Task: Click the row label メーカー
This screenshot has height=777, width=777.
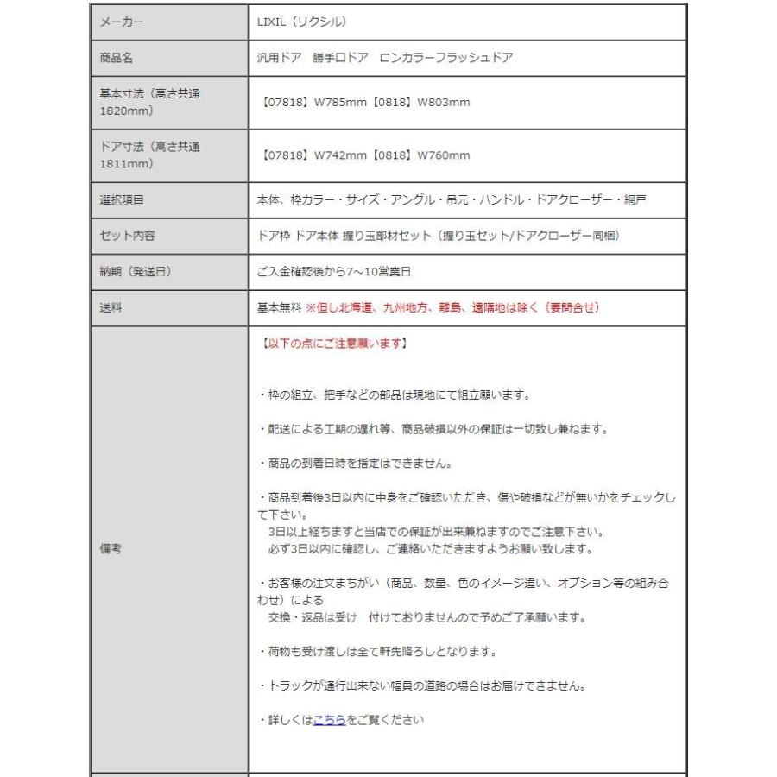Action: pyautogui.click(x=122, y=22)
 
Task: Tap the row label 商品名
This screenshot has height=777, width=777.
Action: pyautogui.click(x=117, y=59)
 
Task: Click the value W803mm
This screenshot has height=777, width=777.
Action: pyautogui.click(x=444, y=103)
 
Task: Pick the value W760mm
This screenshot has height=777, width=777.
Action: pyautogui.click(x=444, y=155)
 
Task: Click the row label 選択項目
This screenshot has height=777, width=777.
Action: pyautogui.click(x=122, y=199)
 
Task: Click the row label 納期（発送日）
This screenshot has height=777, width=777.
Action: pyautogui.click(x=136, y=271)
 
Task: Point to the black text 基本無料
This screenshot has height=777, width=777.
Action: pyautogui.click(x=279, y=307)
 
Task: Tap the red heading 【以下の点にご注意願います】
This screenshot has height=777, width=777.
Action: pyautogui.click(x=332, y=344)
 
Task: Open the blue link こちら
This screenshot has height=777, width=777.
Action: pyautogui.click(x=329, y=720)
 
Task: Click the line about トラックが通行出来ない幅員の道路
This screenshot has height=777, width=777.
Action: pyautogui.click(x=423, y=686)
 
